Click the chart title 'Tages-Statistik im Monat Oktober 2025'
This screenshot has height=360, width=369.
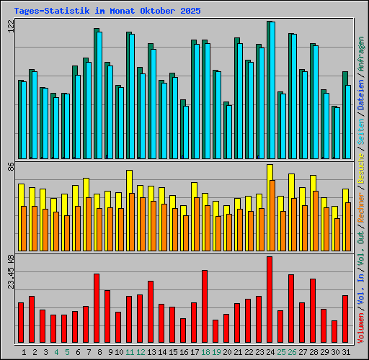coord(107,12)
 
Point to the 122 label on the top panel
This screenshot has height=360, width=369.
coord(10,26)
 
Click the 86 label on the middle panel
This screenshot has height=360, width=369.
coord(10,166)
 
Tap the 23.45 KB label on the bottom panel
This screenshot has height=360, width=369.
coord(10,271)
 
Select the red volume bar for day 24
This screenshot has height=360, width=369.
coord(270,300)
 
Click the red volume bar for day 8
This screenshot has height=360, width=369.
coord(97,308)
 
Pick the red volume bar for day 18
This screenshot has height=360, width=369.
coord(205,307)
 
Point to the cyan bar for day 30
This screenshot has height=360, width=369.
coord(337,133)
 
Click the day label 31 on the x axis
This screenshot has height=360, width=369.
coord(345,352)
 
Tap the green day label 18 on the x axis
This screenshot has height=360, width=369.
coord(205,352)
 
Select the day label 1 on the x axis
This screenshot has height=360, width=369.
coord(24,352)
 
